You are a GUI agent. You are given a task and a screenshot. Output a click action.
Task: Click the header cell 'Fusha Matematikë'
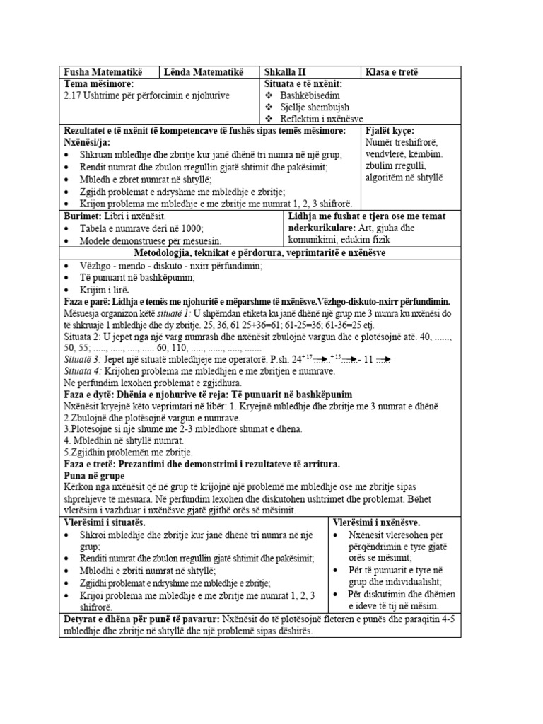tap(103, 72)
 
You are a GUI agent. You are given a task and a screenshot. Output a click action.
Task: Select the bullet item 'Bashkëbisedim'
tap(310, 95)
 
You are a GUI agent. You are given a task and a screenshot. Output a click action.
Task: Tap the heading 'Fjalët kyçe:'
tap(390, 131)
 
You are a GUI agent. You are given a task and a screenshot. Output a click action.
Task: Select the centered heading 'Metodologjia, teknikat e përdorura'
tap(259, 252)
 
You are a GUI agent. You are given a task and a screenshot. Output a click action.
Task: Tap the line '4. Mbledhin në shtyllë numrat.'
tap(124, 440)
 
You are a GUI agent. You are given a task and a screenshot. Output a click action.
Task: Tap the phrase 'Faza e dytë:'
tap(90, 394)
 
